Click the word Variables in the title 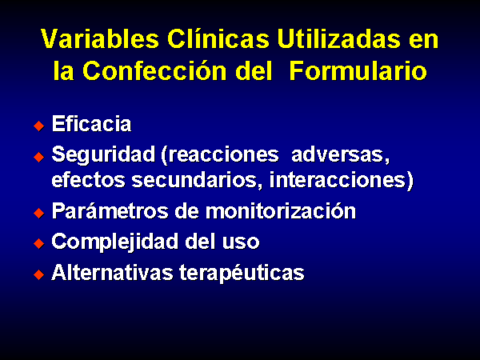coord(100,38)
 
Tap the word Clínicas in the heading coord(218,38)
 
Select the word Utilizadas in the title coord(338,38)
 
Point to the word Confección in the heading coord(154,70)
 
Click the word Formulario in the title coord(358,70)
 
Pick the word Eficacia coord(91,124)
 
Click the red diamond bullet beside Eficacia coord(39,126)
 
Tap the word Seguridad coord(103,155)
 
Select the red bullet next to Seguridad coord(39,157)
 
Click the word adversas coord(341,155)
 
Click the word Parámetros coord(110,210)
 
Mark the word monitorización coord(281,210)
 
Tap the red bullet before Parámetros coord(39,213)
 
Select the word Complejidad coord(115,242)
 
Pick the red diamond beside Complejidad coord(39,244)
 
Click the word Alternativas coord(112,272)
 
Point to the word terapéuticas coord(242,273)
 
